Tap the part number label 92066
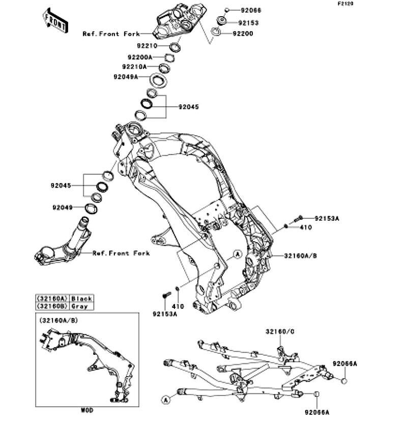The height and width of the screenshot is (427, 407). (251, 10)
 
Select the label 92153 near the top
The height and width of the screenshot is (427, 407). (248, 23)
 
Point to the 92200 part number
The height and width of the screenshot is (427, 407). (243, 34)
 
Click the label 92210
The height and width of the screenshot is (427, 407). (147, 46)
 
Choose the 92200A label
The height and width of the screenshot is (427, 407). (140, 58)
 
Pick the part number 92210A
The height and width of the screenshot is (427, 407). (134, 67)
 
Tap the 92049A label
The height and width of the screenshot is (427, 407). (126, 77)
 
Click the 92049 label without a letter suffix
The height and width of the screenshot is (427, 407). (63, 208)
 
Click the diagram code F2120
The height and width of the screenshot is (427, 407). (345, 4)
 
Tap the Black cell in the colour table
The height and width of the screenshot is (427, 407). (81, 298)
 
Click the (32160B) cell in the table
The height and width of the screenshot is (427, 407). (52, 306)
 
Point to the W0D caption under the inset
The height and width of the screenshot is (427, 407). (87, 410)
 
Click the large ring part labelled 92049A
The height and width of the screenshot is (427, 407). (158, 81)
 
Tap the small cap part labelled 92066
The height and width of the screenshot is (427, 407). (226, 10)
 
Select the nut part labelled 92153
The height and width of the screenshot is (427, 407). (221, 21)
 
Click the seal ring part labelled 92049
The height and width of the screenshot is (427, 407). (91, 209)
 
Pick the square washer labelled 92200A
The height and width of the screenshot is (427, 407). (169, 58)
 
